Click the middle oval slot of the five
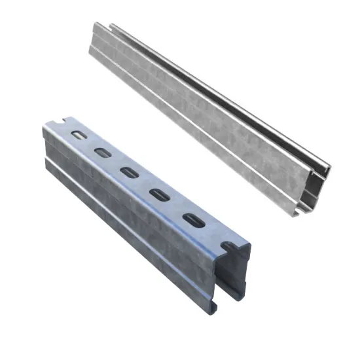(128, 173)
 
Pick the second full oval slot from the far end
(103, 153)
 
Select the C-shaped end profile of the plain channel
(321, 180)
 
